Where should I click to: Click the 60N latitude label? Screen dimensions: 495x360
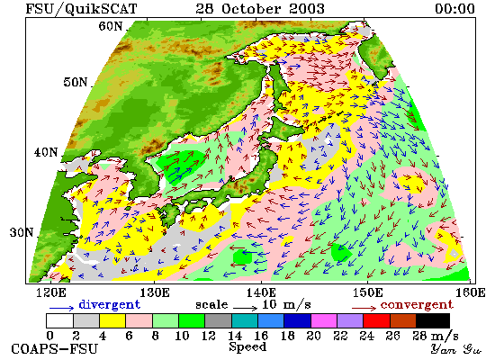click(110, 26)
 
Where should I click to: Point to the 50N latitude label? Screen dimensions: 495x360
click(75, 82)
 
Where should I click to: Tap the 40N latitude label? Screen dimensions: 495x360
click(46, 152)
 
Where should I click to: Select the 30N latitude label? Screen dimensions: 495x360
click(22, 232)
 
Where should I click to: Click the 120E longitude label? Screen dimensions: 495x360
click(51, 292)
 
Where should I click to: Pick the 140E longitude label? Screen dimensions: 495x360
click(261, 292)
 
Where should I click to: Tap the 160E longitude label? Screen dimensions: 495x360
click(471, 292)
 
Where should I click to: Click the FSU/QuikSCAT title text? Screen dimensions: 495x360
click(81, 8)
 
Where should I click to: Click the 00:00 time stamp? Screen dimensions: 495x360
click(454, 8)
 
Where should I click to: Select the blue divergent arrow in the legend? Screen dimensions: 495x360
click(61, 308)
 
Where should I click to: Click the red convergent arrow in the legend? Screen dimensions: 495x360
click(364, 308)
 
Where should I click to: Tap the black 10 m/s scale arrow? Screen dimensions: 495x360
click(246, 307)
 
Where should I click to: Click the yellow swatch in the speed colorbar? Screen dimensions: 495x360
click(112, 320)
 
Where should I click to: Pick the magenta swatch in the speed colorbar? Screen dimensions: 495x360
click(324, 320)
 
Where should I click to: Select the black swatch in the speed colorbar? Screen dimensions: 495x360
click(433, 320)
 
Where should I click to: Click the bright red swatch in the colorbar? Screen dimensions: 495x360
click(376, 320)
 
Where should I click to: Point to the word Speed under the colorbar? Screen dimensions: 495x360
click(247, 347)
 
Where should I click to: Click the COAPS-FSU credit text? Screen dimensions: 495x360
click(55, 349)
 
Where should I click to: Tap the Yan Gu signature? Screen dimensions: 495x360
click(456, 349)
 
